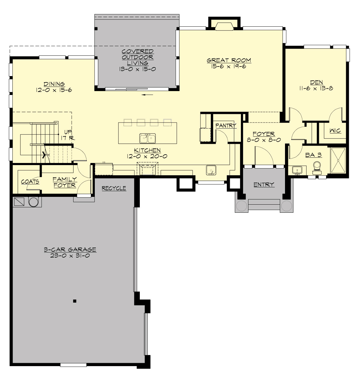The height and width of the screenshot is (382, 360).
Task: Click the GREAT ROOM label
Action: pos(229,60)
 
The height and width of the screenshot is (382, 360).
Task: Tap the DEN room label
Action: pos(316,82)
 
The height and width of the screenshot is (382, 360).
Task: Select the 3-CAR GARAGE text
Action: pos(70,249)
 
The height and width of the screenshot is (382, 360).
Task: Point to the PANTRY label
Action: pos(226,126)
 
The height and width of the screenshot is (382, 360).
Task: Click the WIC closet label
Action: pos(335,131)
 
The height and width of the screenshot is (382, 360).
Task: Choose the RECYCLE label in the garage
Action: pos(114,188)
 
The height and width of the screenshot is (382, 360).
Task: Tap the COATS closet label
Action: pos(30,182)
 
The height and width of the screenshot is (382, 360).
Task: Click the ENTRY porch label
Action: pos(264,185)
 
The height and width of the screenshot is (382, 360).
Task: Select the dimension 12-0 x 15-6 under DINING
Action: pos(54,90)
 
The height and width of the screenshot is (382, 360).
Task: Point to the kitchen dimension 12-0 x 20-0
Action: pos(147,156)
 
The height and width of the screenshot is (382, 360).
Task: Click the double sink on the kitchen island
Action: pos(147,138)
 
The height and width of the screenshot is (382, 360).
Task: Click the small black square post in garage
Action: pos(75,301)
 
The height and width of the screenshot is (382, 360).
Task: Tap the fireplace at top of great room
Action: pos(224,25)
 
